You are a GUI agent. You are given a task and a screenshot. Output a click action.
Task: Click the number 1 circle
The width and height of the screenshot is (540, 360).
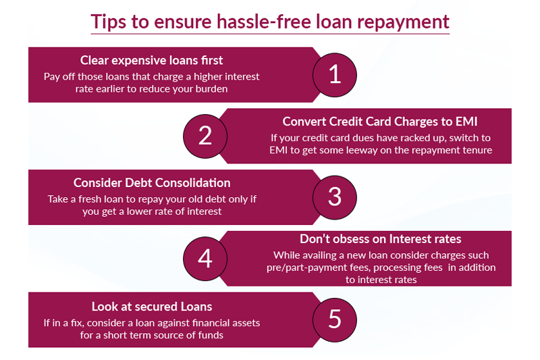click(335, 74)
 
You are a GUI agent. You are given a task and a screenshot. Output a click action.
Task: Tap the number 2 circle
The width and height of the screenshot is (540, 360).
click(205, 135)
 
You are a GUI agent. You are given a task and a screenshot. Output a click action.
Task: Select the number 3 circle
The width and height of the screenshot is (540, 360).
click(335, 197)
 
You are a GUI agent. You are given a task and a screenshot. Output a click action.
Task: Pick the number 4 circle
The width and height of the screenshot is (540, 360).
click(205, 258)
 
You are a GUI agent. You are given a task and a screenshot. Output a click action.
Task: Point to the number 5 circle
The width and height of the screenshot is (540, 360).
click(335, 319)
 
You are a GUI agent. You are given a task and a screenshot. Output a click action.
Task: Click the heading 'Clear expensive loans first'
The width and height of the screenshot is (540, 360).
click(152, 60)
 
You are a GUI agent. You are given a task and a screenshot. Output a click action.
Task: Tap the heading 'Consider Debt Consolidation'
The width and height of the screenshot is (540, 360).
click(152, 183)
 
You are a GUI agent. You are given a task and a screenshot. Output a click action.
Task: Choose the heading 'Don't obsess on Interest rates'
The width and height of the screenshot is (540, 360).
click(381, 238)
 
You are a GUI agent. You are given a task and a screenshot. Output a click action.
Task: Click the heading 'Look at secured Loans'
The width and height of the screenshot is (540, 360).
click(152, 306)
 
